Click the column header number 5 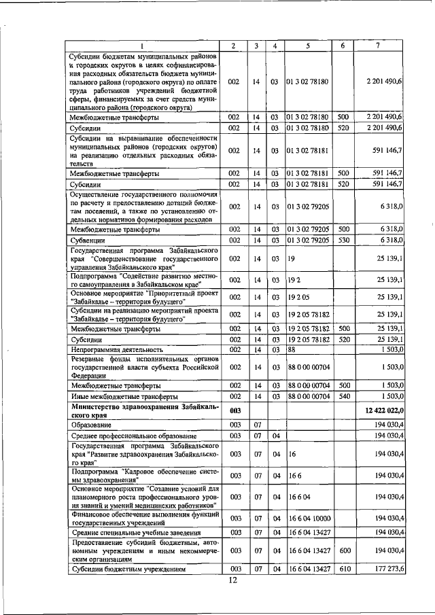pyautogui.click(x=307, y=46)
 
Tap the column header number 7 pyautogui.click(x=378, y=46)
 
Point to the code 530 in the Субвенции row pyautogui.click(x=343, y=240)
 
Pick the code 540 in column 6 pyautogui.click(x=343, y=396)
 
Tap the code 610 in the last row pyautogui.click(x=343, y=568)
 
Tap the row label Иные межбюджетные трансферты pyautogui.click(x=124, y=396)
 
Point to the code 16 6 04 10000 pyautogui.click(x=309, y=519)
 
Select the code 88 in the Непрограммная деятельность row pyautogui.click(x=293, y=349)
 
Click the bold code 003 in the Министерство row pyautogui.click(x=235, y=410)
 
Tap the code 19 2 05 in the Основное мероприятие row pyautogui.click(x=299, y=297)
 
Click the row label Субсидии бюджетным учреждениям pyautogui.click(x=126, y=568)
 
